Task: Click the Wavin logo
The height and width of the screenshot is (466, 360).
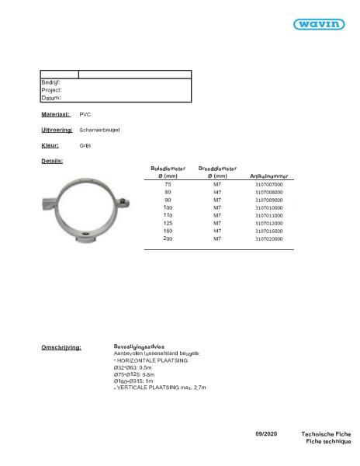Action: click(x=319, y=25)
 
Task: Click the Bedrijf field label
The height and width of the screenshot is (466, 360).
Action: click(x=50, y=82)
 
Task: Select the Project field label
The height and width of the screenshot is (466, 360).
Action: click(x=50, y=89)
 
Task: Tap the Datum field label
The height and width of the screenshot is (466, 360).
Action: click(x=50, y=98)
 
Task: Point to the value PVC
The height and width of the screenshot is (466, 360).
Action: click(x=85, y=114)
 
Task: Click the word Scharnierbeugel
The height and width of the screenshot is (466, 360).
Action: click(x=99, y=130)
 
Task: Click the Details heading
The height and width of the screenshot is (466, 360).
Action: click(x=52, y=161)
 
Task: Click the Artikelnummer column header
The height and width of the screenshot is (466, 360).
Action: click(x=268, y=169)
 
